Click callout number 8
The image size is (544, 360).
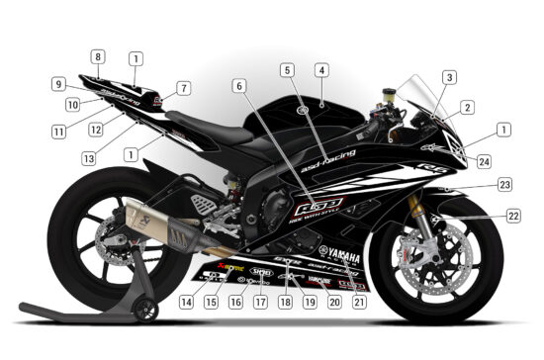point(98,56)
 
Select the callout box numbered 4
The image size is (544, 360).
point(321,70)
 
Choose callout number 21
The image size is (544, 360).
point(359,301)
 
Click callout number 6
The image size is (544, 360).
point(238,86)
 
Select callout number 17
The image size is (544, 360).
point(261,301)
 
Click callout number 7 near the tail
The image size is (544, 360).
point(184,89)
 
